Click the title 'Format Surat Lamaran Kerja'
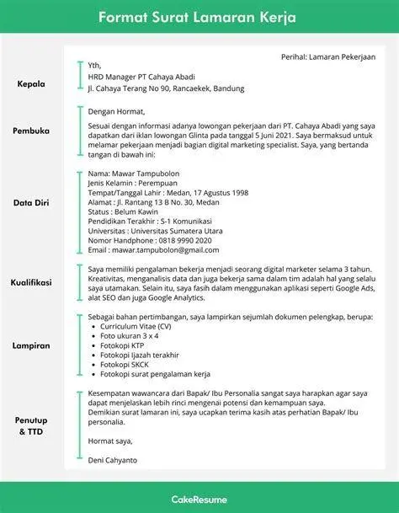tap(199, 17)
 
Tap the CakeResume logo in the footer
tap(199, 497)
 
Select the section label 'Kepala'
tap(33, 84)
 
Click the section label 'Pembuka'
tap(33, 131)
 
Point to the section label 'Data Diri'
tap(34, 202)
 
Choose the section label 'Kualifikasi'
tap(33, 283)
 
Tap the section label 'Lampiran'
tap(33, 345)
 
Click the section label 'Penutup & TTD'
tap(33, 425)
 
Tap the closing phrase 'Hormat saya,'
tap(112, 441)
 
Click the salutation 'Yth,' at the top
tap(95, 65)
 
